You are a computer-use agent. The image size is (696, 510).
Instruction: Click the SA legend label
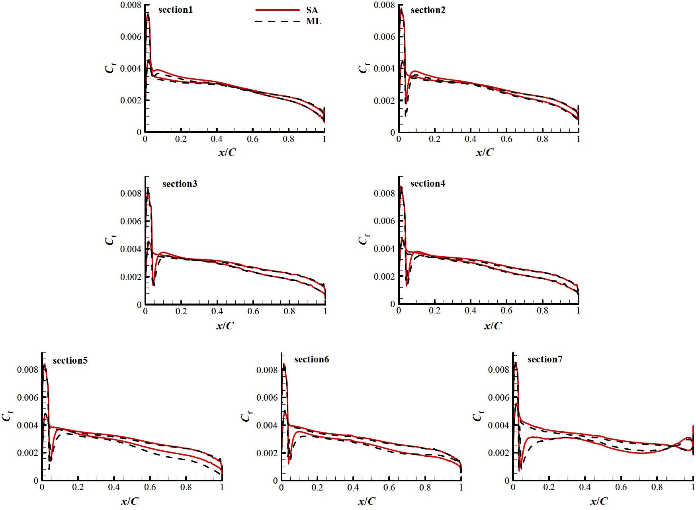(312, 10)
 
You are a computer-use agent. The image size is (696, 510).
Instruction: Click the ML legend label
(313, 21)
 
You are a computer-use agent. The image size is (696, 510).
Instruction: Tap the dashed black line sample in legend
(277, 21)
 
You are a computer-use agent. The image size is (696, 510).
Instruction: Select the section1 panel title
(175, 10)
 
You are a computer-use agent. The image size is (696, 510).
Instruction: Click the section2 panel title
(428, 10)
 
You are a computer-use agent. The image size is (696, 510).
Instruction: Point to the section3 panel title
(180, 184)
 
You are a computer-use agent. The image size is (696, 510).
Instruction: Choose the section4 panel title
(428, 183)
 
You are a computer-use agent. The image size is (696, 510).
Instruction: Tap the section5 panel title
(70, 360)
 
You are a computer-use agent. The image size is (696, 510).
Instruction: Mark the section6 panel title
(311, 359)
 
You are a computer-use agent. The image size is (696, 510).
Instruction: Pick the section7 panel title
(545, 359)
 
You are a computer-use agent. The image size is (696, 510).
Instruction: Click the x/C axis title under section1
(227, 152)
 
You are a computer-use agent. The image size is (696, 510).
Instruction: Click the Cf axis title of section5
(7, 416)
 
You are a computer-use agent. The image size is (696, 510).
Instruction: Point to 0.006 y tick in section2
(384, 37)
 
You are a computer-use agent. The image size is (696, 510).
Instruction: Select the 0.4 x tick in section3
(217, 311)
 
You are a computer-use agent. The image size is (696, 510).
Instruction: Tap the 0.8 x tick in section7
(657, 487)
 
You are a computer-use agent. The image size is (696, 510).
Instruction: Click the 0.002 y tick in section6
(267, 453)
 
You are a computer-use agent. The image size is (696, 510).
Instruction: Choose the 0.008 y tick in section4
(384, 193)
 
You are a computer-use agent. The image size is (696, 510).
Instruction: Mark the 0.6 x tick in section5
(150, 487)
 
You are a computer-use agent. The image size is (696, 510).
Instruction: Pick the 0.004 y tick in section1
(131, 68)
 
